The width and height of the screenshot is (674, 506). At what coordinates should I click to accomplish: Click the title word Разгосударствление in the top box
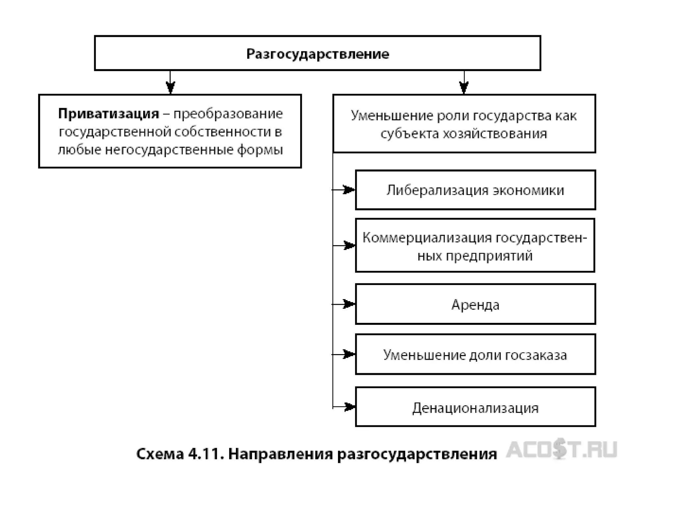click(x=318, y=54)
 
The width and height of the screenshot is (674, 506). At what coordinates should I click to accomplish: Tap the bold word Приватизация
click(x=109, y=114)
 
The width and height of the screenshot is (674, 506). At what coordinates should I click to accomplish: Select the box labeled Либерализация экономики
click(x=475, y=190)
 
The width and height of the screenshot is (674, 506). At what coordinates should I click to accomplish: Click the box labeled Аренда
click(x=475, y=304)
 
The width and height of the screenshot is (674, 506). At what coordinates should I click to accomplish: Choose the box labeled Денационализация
click(x=475, y=408)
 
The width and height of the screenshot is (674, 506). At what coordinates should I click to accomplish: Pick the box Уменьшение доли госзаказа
click(x=475, y=355)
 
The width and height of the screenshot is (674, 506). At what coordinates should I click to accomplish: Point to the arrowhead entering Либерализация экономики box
click(x=349, y=190)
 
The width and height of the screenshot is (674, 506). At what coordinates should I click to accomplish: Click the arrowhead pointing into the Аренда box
click(x=349, y=304)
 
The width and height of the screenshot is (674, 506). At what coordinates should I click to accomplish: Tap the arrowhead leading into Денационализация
click(x=349, y=407)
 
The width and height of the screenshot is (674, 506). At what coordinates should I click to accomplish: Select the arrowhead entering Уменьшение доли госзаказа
click(x=349, y=354)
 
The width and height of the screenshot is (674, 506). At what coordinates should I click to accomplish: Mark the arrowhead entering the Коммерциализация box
click(x=349, y=245)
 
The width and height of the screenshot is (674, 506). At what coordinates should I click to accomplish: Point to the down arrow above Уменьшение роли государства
click(x=464, y=87)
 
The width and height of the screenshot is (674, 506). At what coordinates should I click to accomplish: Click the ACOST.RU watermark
click(x=561, y=450)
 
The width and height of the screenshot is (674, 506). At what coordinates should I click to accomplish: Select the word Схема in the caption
click(x=160, y=454)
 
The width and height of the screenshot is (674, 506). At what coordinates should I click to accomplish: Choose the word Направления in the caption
click(x=280, y=454)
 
